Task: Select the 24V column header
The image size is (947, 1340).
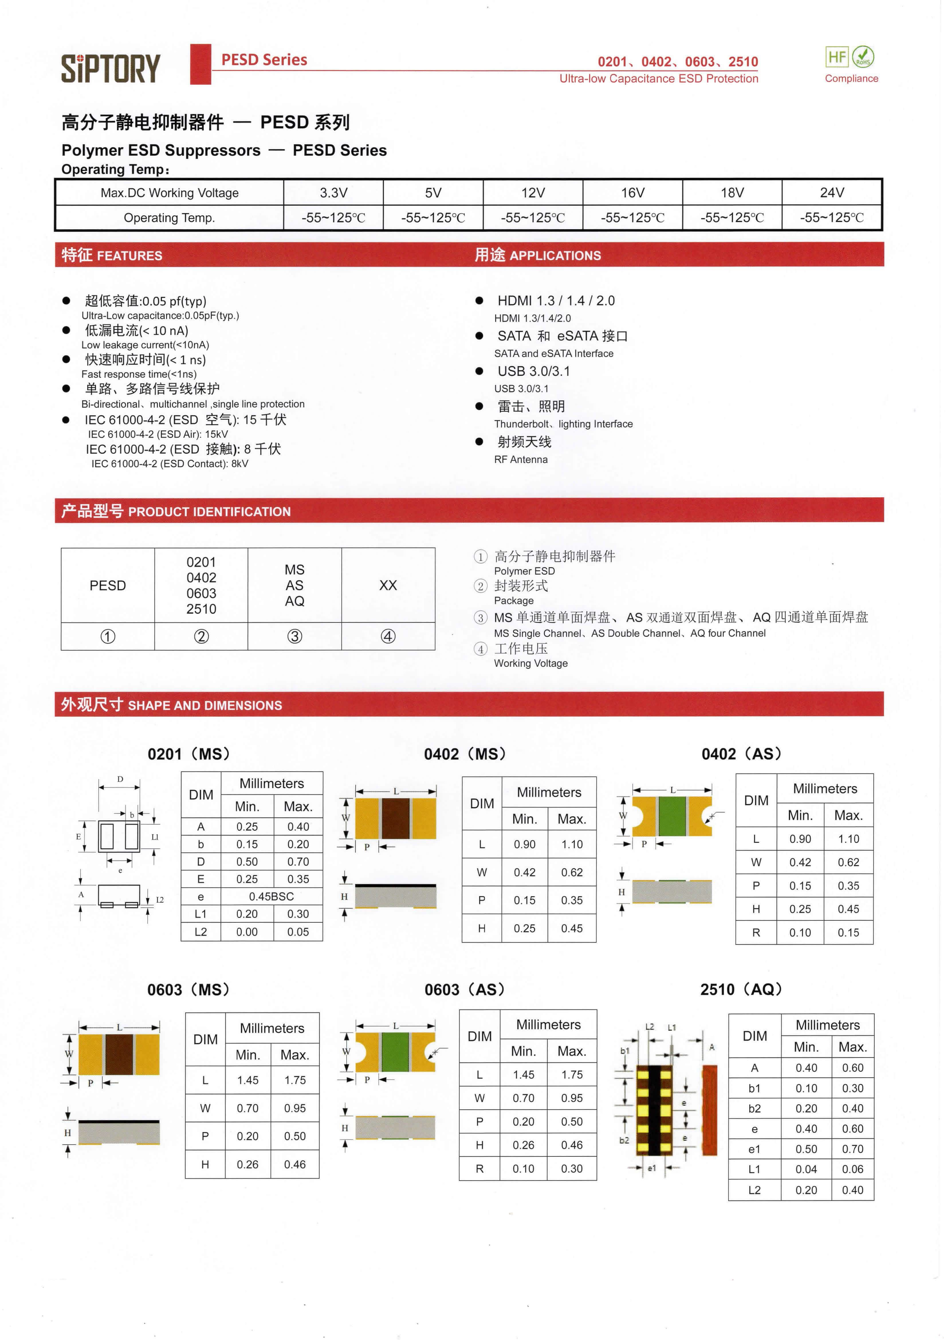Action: click(x=832, y=192)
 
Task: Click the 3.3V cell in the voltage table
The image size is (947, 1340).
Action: click(x=333, y=192)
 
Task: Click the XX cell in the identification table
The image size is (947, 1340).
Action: click(x=388, y=585)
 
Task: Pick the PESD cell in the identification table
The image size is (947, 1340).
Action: click(x=107, y=585)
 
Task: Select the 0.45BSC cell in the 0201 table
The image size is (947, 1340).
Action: click(x=271, y=897)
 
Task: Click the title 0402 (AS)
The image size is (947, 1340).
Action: click(x=741, y=754)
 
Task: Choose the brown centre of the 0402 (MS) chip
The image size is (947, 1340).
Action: click(x=396, y=818)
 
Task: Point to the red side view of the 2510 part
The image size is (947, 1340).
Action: click(x=709, y=1110)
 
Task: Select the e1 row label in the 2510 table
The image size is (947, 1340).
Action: click(x=755, y=1149)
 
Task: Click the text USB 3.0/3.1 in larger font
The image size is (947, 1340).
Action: click(x=533, y=371)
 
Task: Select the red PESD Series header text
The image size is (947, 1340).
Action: click(x=264, y=60)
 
